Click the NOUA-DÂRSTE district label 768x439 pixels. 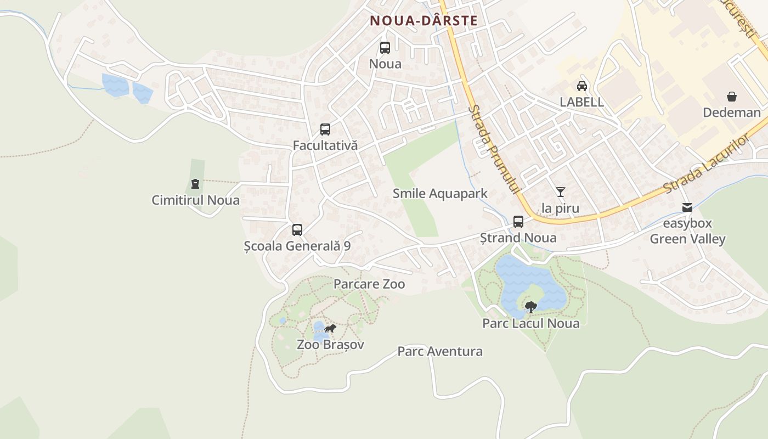tap(423, 21)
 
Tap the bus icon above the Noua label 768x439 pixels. tap(385, 48)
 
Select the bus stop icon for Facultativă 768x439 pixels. tap(325, 130)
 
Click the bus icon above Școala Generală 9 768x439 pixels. tap(297, 230)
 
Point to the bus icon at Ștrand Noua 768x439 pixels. tap(518, 222)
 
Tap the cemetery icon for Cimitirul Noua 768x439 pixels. tap(195, 184)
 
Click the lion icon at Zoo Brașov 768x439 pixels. tap(330, 329)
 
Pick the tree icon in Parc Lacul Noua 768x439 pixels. tap(530, 307)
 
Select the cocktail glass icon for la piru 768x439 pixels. tap(560, 192)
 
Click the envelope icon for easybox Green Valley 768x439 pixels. tap(687, 207)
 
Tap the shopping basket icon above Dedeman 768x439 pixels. tap(732, 97)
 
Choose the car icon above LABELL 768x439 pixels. tap(582, 86)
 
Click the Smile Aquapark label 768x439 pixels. tap(440, 194)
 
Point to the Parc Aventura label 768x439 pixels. tap(440, 351)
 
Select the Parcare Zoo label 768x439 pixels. tap(369, 284)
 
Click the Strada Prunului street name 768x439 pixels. tap(493, 149)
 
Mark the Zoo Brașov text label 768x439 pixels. tap(330, 345)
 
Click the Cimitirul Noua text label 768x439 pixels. tap(195, 200)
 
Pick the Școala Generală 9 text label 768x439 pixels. tap(297, 246)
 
